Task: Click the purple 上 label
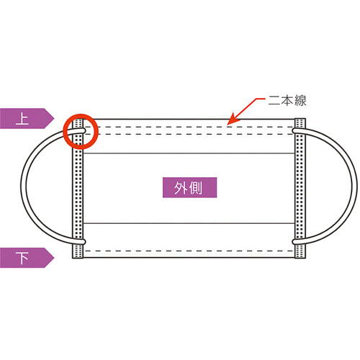(27, 118)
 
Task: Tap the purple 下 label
(27, 258)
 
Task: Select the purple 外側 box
(189, 187)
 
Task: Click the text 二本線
(287, 101)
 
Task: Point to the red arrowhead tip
(228, 125)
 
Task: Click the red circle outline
(81, 114)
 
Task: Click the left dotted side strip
(78, 188)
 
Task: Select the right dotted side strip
(300, 188)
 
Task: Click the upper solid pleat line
(189, 153)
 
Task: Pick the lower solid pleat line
(189, 223)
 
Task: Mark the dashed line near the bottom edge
(189, 251)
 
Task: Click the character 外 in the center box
(181, 188)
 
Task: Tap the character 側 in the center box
(196, 188)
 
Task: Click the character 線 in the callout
(300, 101)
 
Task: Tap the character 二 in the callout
(274, 101)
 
